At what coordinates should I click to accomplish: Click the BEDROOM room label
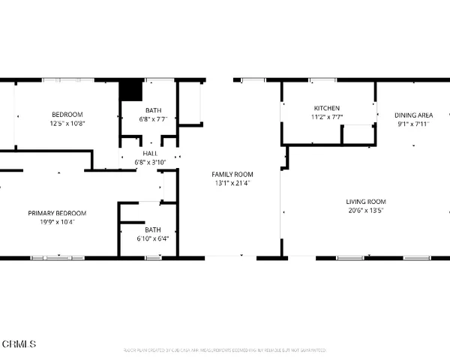click(x=67, y=114)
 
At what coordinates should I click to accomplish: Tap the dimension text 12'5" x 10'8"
click(x=67, y=123)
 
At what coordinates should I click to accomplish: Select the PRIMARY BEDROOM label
click(x=57, y=213)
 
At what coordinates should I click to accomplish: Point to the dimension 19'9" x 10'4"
click(x=57, y=222)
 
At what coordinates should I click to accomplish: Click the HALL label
click(x=150, y=153)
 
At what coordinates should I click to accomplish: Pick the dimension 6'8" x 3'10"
click(x=150, y=161)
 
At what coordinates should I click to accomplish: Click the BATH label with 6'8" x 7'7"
click(x=154, y=110)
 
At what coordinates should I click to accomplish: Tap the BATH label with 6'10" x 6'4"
click(x=152, y=229)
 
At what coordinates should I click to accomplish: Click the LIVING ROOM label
click(x=365, y=201)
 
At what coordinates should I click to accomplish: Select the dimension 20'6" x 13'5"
click(x=365, y=210)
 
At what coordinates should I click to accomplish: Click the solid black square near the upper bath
click(x=131, y=90)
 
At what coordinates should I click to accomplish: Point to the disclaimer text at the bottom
click(x=225, y=350)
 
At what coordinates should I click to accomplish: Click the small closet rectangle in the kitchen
click(x=358, y=134)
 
